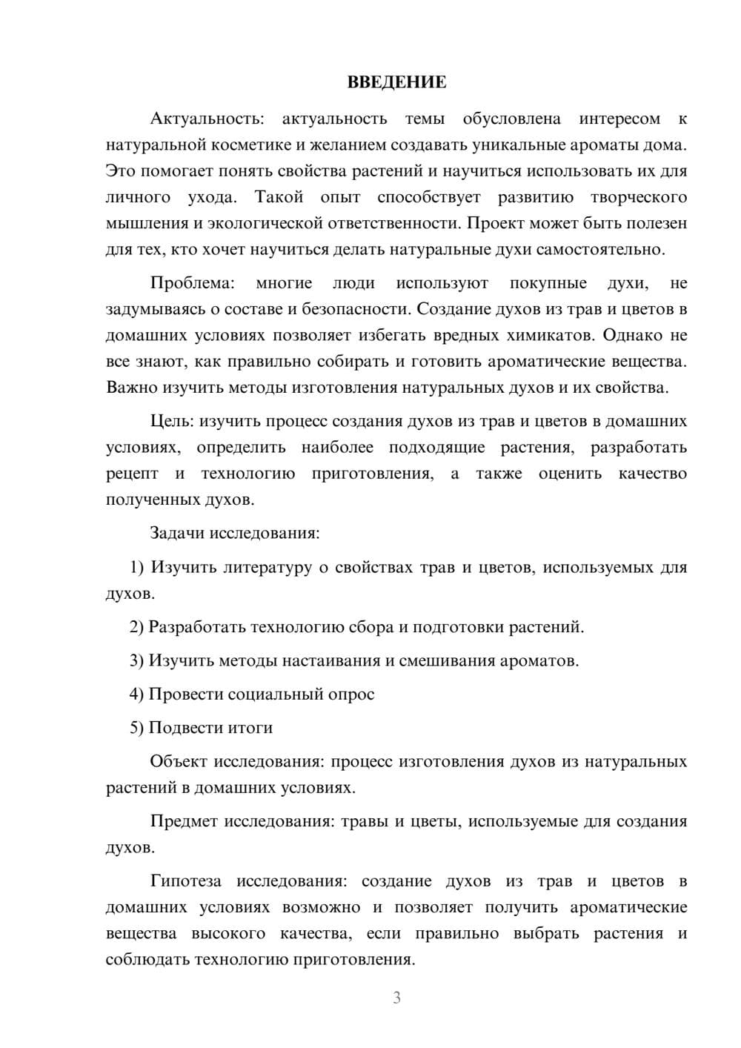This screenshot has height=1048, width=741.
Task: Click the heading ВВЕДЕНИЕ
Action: [396, 82]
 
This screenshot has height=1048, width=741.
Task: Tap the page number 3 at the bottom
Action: [396, 998]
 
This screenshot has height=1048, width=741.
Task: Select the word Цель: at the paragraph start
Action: [172, 421]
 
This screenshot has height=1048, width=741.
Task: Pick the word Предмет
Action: [184, 821]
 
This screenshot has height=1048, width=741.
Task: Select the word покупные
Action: [548, 283]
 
